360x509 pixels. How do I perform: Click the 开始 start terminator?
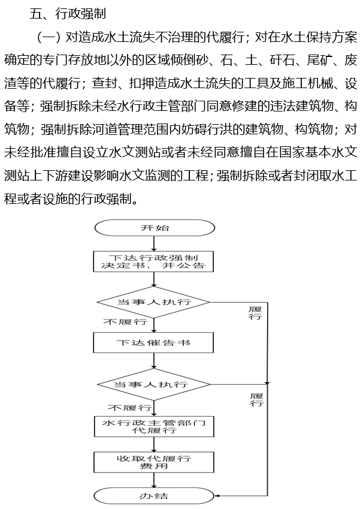[155, 228]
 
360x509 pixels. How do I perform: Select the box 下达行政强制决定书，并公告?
[153, 261]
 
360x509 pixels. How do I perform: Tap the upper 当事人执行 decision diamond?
[154, 302]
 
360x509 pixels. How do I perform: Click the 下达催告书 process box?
[153, 342]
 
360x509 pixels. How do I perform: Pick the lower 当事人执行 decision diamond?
[154, 384]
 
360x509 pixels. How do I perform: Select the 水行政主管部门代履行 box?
[154, 426]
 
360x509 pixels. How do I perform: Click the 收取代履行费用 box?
[154, 462]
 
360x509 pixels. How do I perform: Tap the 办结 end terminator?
[154, 496]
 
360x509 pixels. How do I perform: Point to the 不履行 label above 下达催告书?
[125, 322]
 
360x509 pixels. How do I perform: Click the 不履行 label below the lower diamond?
[129, 408]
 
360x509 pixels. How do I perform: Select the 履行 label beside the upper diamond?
[255, 313]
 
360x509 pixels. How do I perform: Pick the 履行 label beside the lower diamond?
[256, 400]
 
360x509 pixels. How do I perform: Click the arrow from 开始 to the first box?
[154, 243]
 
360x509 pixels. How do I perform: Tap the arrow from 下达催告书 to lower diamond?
[154, 361]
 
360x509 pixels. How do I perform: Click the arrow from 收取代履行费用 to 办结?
[154, 480]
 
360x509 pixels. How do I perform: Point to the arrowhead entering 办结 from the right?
[217, 496]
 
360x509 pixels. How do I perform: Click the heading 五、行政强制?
[68, 14]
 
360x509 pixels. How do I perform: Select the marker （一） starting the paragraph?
[49, 38]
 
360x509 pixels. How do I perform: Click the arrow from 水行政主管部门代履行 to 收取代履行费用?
[154, 444]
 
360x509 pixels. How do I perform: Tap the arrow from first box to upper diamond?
[154, 279]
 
